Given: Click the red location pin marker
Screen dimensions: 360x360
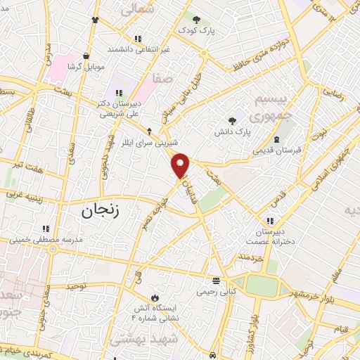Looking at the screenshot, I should pos(181,165).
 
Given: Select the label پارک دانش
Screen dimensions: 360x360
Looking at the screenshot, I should pos(233,131).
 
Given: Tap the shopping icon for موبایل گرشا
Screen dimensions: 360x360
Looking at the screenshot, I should pos(86,56).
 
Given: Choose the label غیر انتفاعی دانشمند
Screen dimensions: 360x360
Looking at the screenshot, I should pos(138,50).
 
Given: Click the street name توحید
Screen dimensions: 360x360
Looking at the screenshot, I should pos(76,286).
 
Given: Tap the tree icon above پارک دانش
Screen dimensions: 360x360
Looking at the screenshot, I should pos(232,120).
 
